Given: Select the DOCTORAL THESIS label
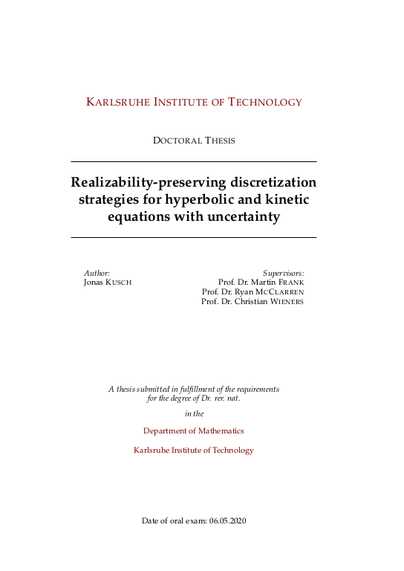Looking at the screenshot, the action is (194, 141).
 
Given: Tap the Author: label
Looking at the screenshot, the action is (97, 274).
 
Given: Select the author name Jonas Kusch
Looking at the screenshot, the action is (108, 283).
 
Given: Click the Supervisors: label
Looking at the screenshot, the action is (284, 274).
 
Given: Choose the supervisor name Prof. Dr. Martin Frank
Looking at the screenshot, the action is (261, 283).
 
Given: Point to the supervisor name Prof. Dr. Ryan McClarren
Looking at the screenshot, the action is (252, 292).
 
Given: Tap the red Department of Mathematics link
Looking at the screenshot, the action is (193, 431).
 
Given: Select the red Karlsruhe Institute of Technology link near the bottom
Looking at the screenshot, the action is (193, 451).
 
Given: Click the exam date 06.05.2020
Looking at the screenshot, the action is (227, 520).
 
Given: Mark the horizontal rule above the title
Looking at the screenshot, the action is (193, 161).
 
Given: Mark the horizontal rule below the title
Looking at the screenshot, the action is (193, 237).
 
